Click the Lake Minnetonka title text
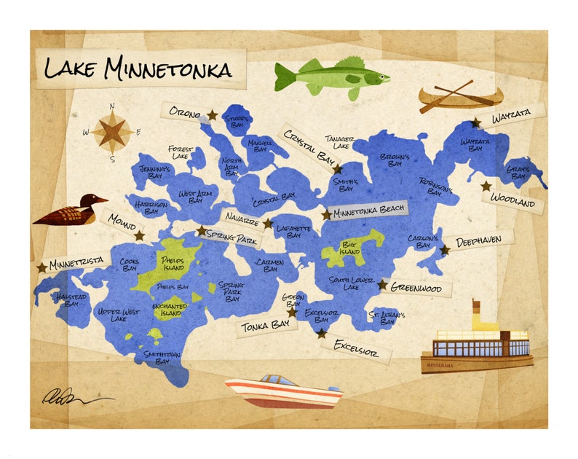138,68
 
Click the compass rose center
112,132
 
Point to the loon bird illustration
69,212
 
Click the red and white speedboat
284,392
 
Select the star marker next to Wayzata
475,123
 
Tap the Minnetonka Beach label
368,212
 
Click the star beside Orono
212,115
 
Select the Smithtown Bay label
157,357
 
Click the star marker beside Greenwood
381,284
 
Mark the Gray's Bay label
517,172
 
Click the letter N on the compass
112,106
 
